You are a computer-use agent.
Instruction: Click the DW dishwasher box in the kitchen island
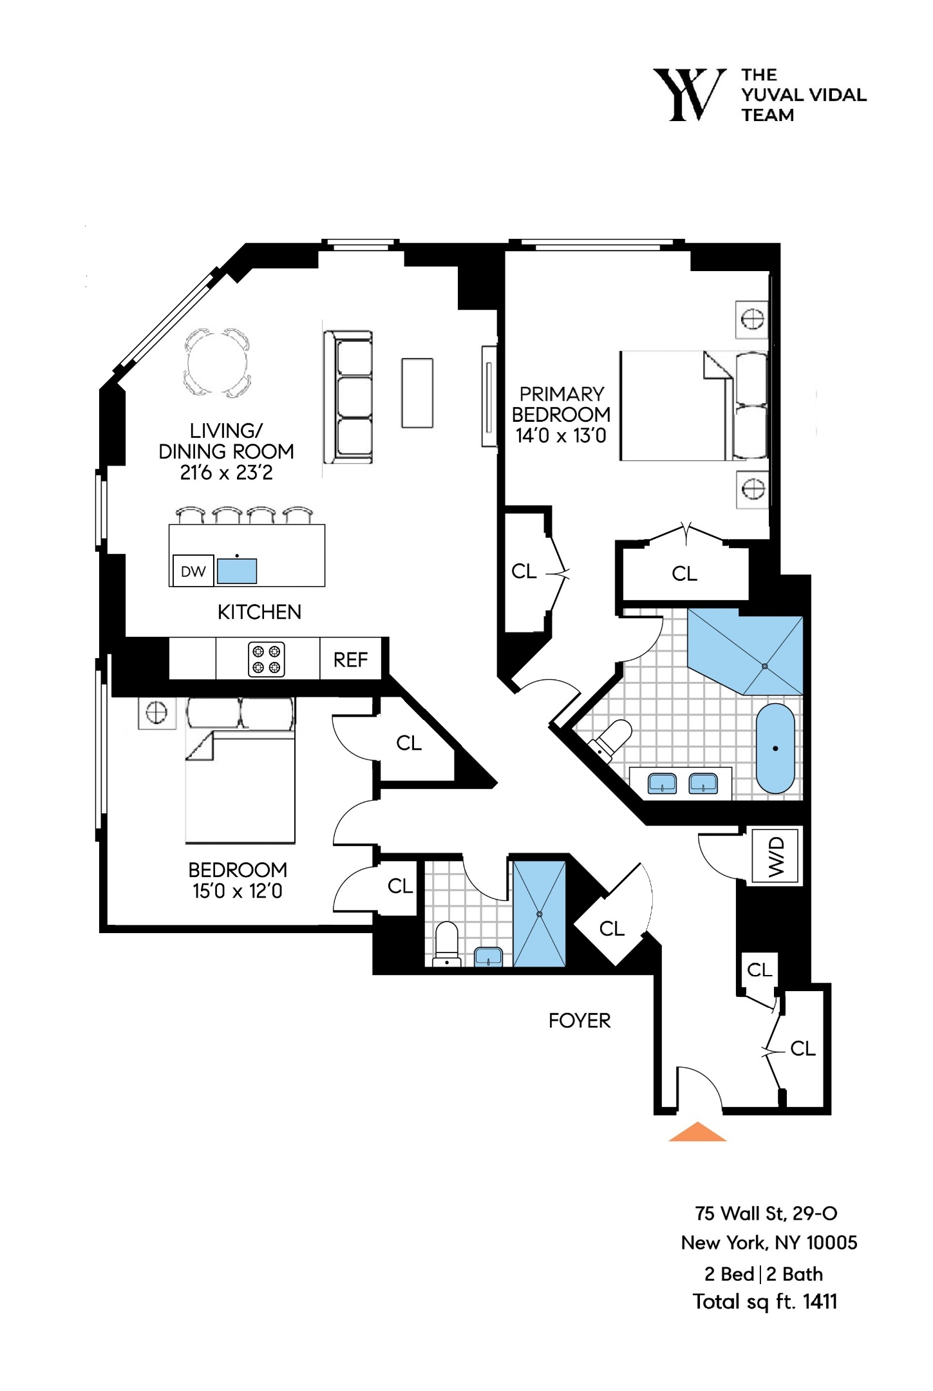pyautogui.click(x=193, y=571)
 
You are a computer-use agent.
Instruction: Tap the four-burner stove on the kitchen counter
pyautogui.click(x=267, y=659)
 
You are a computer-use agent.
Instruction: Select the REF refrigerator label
pyautogui.click(x=350, y=659)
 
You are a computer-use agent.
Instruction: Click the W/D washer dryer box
pyautogui.click(x=776, y=856)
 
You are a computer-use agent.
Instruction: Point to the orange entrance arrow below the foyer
pyautogui.click(x=697, y=1132)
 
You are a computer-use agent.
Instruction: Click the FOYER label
pyautogui.click(x=580, y=1021)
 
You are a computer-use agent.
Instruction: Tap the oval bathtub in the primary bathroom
pyautogui.click(x=775, y=748)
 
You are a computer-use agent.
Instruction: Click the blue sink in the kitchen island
pyautogui.click(x=237, y=571)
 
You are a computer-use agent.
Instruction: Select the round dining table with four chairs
pyautogui.click(x=217, y=363)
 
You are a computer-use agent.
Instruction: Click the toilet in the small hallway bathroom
pyautogui.click(x=447, y=944)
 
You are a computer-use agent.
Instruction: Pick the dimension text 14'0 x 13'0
pyautogui.click(x=561, y=436)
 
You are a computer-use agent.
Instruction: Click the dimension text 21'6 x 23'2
pyautogui.click(x=226, y=473)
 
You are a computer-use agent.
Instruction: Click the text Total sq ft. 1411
pyautogui.click(x=765, y=1301)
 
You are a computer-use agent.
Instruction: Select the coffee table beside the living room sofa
pyautogui.click(x=417, y=393)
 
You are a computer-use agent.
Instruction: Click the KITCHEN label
pyautogui.click(x=259, y=612)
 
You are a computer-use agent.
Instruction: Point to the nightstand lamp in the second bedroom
pyautogui.click(x=157, y=712)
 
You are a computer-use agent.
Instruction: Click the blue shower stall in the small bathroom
pyautogui.click(x=539, y=914)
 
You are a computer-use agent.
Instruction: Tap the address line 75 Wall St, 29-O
pyautogui.click(x=766, y=1213)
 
